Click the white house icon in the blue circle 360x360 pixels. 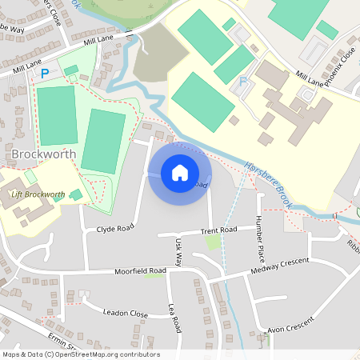(x=180, y=172)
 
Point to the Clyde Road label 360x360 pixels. (x=114, y=228)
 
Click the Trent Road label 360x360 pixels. (x=219, y=230)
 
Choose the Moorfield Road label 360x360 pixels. (x=139, y=272)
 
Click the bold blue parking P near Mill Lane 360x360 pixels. (x=45, y=74)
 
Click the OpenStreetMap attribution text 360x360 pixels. (x=80, y=354)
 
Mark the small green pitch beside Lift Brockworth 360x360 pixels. (x=76, y=194)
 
